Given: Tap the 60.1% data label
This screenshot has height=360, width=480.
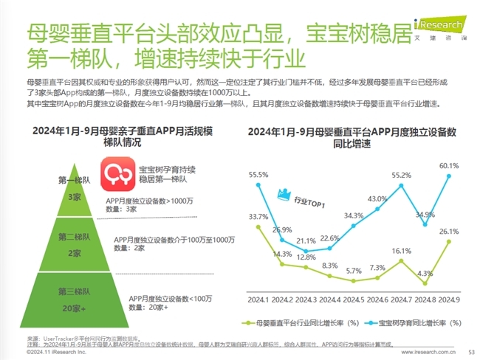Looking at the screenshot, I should (x=449, y=166).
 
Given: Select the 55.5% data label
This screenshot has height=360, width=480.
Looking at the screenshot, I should (x=258, y=175).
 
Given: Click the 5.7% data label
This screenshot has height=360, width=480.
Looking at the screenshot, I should (x=354, y=271).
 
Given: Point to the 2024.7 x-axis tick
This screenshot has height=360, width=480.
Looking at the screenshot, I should (x=401, y=300).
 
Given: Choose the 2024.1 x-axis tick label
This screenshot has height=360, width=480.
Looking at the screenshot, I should (x=258, y=300).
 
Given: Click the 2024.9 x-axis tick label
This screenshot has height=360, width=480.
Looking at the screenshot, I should (x=449, y=300).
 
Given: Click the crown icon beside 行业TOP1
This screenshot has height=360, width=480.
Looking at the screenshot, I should (x=281, y=195).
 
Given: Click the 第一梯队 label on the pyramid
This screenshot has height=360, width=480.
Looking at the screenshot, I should (x=73, y=180).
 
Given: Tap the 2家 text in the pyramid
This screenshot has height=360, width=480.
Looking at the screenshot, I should (x=74, y=253).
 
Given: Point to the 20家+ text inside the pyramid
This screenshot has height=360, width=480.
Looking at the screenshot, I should (x=74, y=308).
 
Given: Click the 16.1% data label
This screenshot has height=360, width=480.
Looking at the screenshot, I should (x=401, y=251).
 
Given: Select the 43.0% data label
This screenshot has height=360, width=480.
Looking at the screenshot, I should (x=377, y=199).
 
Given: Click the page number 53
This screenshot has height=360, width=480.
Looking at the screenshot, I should (x=471, y=353).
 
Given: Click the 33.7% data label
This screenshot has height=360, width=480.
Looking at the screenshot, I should (x=258, y=216).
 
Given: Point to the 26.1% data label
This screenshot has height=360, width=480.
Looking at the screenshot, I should (x=449, y=231).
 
